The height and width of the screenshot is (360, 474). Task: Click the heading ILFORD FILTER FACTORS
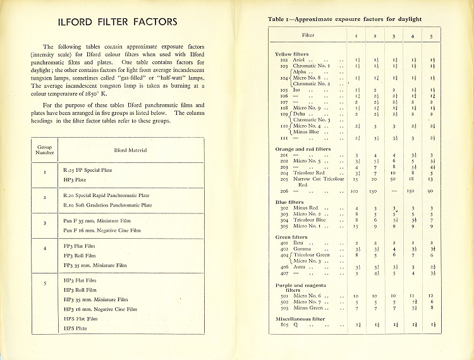tap(118, 22)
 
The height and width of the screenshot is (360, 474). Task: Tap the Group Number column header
tap(45, 150)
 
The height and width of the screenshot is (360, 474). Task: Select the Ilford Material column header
tap(130, 150)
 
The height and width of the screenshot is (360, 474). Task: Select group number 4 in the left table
tap(45, 248)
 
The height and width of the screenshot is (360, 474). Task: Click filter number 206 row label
tap(284, 191)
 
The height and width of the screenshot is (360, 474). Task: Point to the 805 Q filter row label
tap(289, 325)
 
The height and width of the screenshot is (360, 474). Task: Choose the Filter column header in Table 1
tap(308, 35)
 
